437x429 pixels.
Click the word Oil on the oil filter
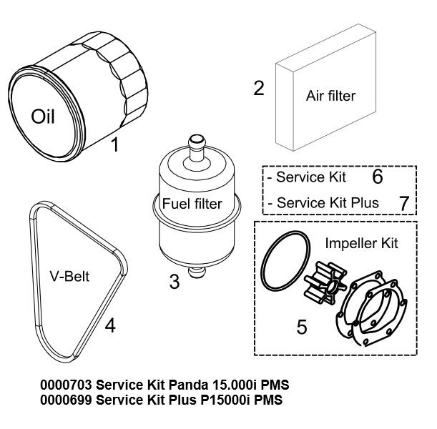[x=43, y=116]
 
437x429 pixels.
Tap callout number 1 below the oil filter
[x=114, y=146]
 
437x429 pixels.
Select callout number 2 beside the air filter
[x=259, y=88]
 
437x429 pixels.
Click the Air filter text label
[x=330, y=95]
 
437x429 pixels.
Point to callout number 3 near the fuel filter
[x=174, y=281]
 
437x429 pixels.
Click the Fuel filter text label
[x=192, y=204]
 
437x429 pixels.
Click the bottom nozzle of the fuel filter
[x=195, y=272]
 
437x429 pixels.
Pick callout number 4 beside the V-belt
[x=109, y=326]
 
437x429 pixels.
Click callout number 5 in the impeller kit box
[x=302, y=327]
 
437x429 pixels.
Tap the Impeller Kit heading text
[x=360, y=243]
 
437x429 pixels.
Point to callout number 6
[x=378, y=176]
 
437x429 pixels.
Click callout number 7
[x=403, y=203]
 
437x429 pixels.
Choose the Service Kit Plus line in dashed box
[x=328, y=203]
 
